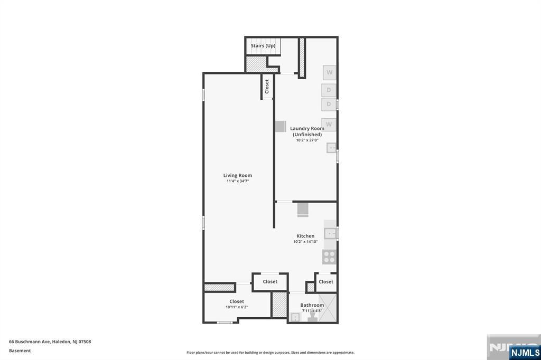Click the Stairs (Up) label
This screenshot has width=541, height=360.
coord(263,45)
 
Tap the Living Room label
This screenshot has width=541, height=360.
coord(237,175)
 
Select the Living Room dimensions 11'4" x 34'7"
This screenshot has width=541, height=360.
coord(237,181)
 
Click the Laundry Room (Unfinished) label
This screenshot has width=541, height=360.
coord(307,131)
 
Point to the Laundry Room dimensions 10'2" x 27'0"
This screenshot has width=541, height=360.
coord(307,140)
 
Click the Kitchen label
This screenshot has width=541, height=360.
coord(305,236)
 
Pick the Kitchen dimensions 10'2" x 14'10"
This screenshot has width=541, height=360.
coord(305,242)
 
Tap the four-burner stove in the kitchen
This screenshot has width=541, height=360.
coord(329,257)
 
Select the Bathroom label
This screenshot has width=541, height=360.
coord(312,305)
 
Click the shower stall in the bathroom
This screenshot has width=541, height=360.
coord(328,308)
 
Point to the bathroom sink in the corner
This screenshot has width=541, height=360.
coord(295,317)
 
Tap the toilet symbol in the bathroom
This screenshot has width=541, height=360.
coord(312,316)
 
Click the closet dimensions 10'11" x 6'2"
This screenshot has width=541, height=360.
coord(237,307)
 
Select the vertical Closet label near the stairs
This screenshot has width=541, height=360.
coord(266,86)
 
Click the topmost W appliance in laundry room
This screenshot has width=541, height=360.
coord(330,72)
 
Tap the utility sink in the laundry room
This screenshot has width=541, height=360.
coord(331,148)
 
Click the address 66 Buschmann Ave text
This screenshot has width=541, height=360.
coord(30,342)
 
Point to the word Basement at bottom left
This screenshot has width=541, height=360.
coord(20,350)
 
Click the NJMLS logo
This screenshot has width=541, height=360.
coord(525,352)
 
